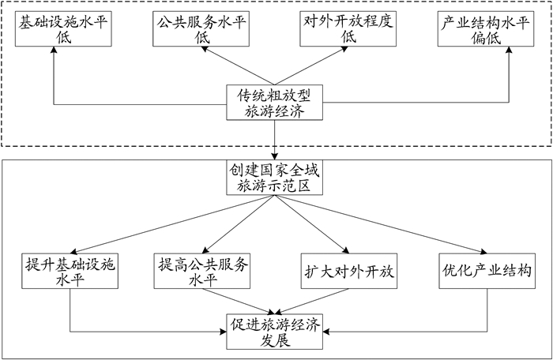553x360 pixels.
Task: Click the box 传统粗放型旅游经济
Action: click(274, 103)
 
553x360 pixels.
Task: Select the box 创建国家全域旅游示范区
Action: click(274, 178)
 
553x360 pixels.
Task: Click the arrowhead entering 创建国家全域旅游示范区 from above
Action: click(274, 157)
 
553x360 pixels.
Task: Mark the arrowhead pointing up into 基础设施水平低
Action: click(55, 51)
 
